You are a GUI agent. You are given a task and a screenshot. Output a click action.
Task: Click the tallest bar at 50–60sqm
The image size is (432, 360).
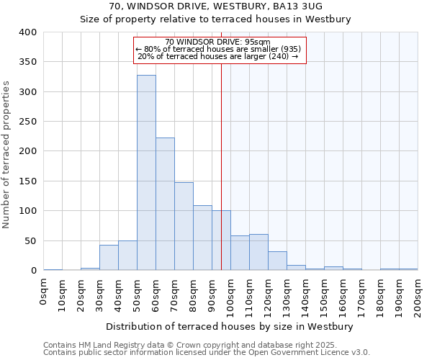click(x=146, y=173)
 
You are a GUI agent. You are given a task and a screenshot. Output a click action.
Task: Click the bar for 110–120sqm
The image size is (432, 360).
click(x=258, y=252)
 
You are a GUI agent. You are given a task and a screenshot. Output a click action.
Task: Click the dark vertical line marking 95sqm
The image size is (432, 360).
click(x=221, y=166)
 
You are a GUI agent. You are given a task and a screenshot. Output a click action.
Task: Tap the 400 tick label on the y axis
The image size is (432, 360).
click(x=28, y=32)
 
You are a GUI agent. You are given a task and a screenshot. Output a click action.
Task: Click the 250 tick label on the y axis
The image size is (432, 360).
click(x=28, y=122)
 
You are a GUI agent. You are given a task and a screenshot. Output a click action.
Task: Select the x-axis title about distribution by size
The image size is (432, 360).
click(x=230, y=326)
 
